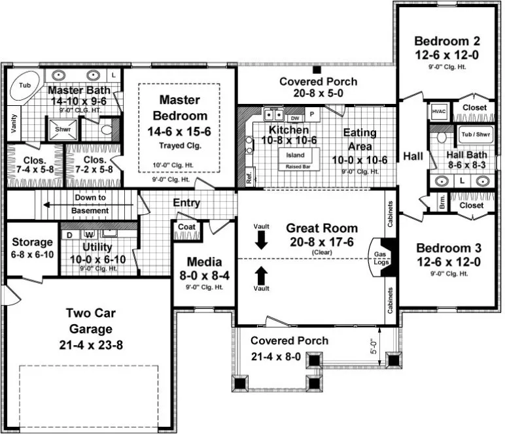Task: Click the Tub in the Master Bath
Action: (25, 86)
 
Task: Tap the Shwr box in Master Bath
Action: (63, 129)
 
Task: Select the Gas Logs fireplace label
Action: (380, 257)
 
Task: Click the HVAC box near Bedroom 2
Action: (438, 111)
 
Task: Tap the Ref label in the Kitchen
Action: (249, 177)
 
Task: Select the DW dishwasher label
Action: (294, 118)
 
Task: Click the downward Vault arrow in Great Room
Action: (261, 240)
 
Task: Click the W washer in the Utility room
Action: (88, 233)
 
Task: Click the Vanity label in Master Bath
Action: (14, 122)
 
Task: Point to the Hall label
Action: (413, 156)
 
